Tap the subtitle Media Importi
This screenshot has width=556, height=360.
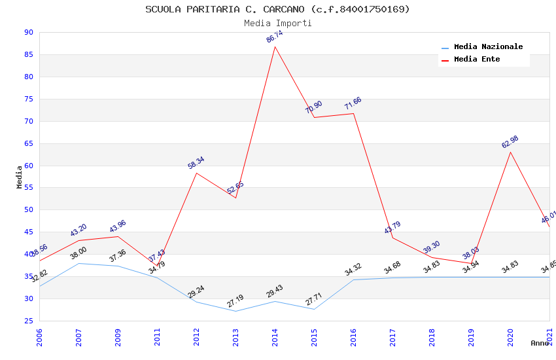point(277,23)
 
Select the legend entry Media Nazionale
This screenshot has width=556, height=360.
point(488,47)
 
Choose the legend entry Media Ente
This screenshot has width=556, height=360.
point(477,60)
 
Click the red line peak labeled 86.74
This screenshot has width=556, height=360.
point(275,37)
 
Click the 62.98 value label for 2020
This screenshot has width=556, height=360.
point(510,142)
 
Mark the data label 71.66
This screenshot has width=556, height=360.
point(353,104)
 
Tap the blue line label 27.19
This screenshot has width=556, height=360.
point(235,302)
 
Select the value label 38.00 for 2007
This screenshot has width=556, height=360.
point(78,253)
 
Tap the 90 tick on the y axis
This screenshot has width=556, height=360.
point(28,33)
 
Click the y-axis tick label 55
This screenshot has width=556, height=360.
point(28,188)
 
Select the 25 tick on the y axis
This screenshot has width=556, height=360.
point(28,321)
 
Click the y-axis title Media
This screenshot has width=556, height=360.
point(19,177)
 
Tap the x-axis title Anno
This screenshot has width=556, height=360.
point(540,343)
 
